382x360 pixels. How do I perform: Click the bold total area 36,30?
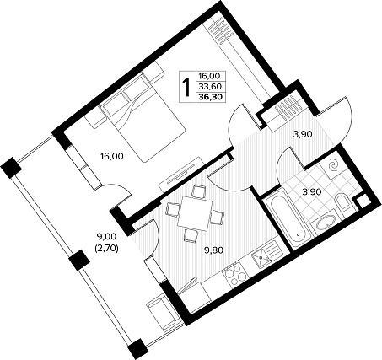[211, 97]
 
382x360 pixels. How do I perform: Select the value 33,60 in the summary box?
[210, 86]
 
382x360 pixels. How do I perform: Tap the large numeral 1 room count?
[186, 86]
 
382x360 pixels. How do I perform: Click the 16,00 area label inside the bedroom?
[112, 156]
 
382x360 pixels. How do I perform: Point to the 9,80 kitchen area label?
[213, 250]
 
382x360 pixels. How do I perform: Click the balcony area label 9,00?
[105, 237]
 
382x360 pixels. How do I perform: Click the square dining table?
[195, 212]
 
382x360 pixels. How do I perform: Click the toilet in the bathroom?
[342, 203]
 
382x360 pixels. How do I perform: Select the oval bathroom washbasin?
[326, 223]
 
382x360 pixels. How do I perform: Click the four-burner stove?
[234, 274]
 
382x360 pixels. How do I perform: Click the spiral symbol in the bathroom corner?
[334, 166]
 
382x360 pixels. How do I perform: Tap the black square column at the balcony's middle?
[79, 260]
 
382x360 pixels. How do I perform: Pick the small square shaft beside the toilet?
[363, 201]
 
